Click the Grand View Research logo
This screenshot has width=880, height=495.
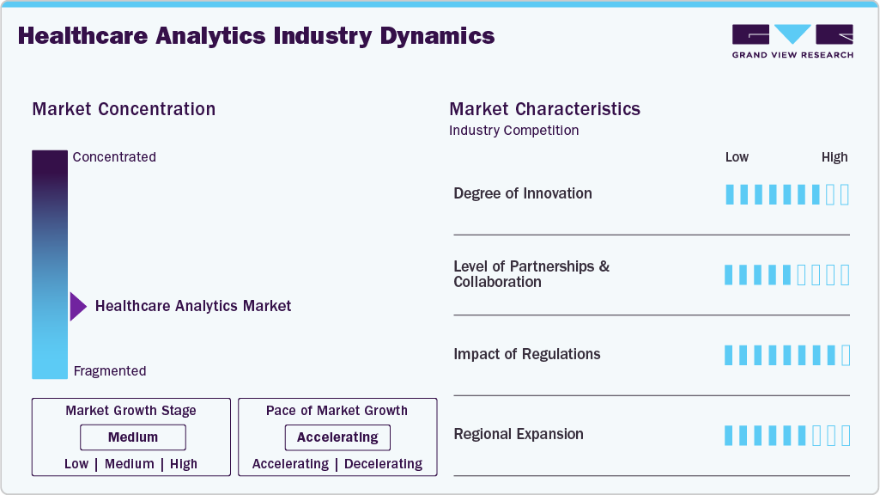pyautogui.click(x=792, y=40)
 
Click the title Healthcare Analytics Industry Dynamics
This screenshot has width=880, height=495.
pyautogui.click(x=256, y=36)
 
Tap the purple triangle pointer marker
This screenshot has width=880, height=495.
pyautogui.click(x=77, y=306)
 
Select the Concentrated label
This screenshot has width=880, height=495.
pyautogui.click(x=114, y=157)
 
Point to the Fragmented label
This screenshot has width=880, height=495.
pyautogui.click(x=110, y=371)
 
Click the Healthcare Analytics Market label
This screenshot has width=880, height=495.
pyautogui.click(x=193, y=306)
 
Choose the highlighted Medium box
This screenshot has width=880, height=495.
pyautogui.click(x=132, y=437)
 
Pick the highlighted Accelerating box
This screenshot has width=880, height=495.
pyautogui.click(x=337, y=437)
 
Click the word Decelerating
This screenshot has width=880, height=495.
pyautogui.click(x=383, y=464)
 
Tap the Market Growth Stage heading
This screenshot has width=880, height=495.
pyautogui.click(x=130, y=411)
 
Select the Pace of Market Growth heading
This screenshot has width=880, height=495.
pyautogui.click(x=337, y=411)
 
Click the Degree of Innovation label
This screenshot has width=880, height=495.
pyautogui.click(x=523, y=193)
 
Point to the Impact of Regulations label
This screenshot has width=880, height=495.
pyautogui.click(x=527, y=354)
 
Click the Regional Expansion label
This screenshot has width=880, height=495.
pyautogui.click(x=519, y=434)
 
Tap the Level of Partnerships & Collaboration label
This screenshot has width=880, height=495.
pyautogui.click(x=531, y=274)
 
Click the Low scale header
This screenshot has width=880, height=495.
pyautogui.click(x=737, y=157)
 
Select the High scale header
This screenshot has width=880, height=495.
pyautogui.click(x=834, y=157)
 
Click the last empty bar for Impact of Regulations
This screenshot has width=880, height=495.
pyautogui.click(x=845, y=355)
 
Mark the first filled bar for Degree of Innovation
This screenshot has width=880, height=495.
pyautogui.click(x=730, y=194)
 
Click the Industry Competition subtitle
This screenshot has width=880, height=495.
pyautogui.click(x=513, y=131)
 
